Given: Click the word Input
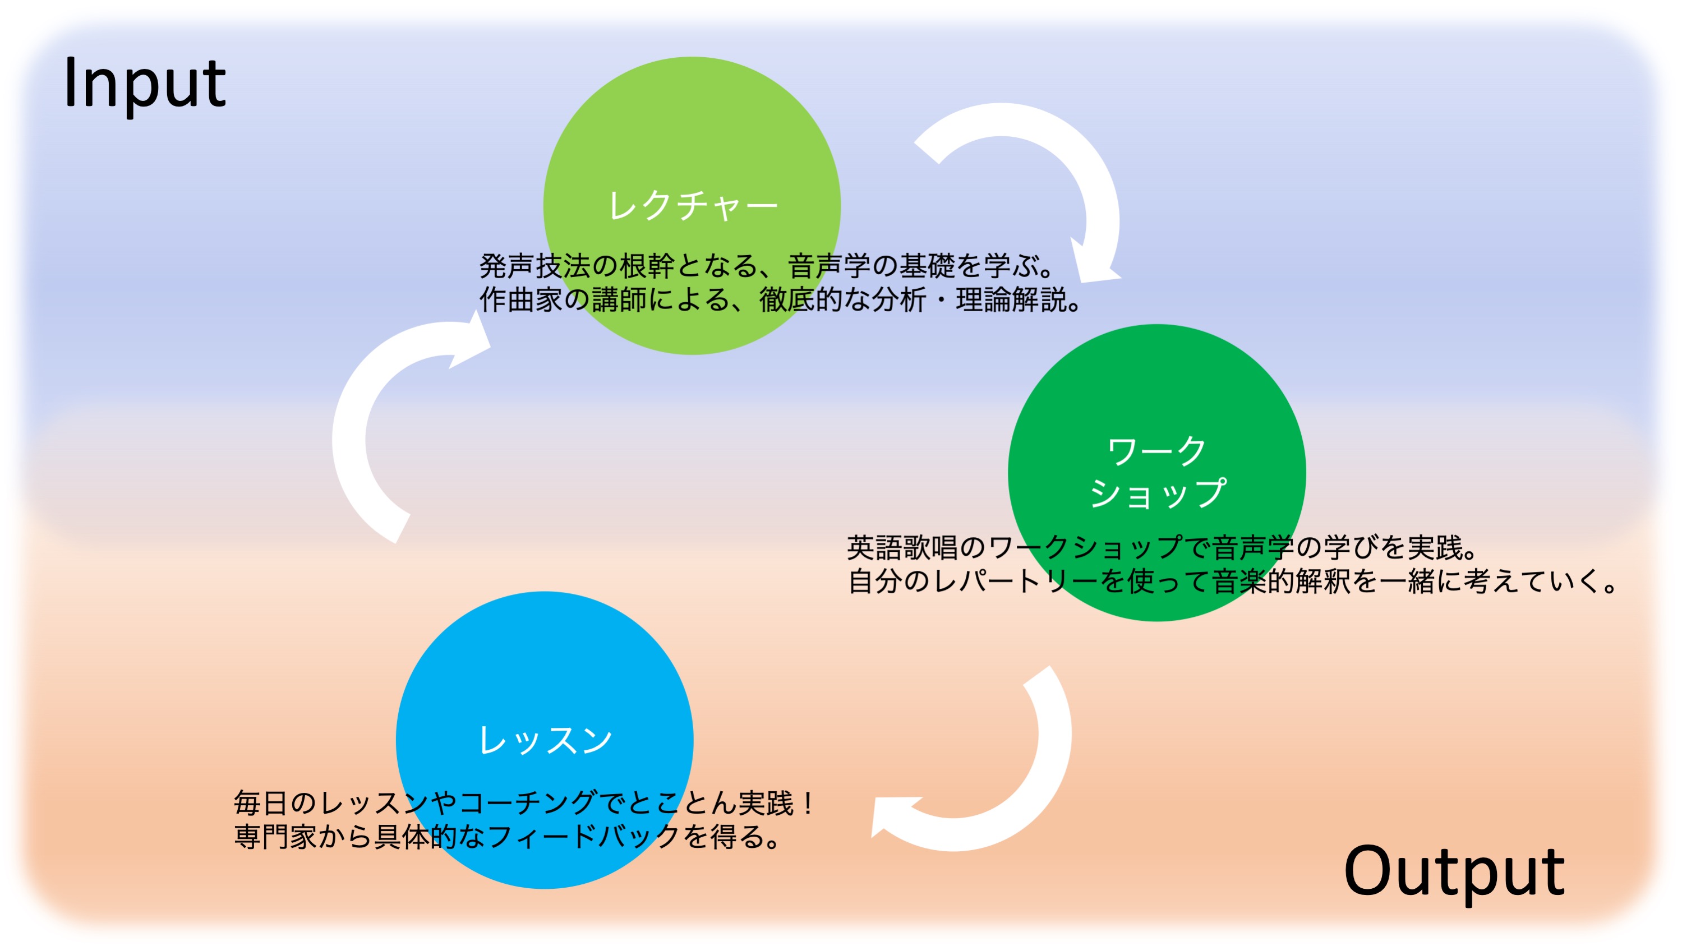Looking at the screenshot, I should [145, 84].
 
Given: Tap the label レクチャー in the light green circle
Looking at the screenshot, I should [693, 206].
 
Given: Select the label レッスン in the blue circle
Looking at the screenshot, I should [545, 740].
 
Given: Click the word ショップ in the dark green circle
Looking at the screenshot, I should [1157, 493].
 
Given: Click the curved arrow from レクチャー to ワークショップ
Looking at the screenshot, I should [1071, 170].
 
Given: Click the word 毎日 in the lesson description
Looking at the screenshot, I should [261, 803].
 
